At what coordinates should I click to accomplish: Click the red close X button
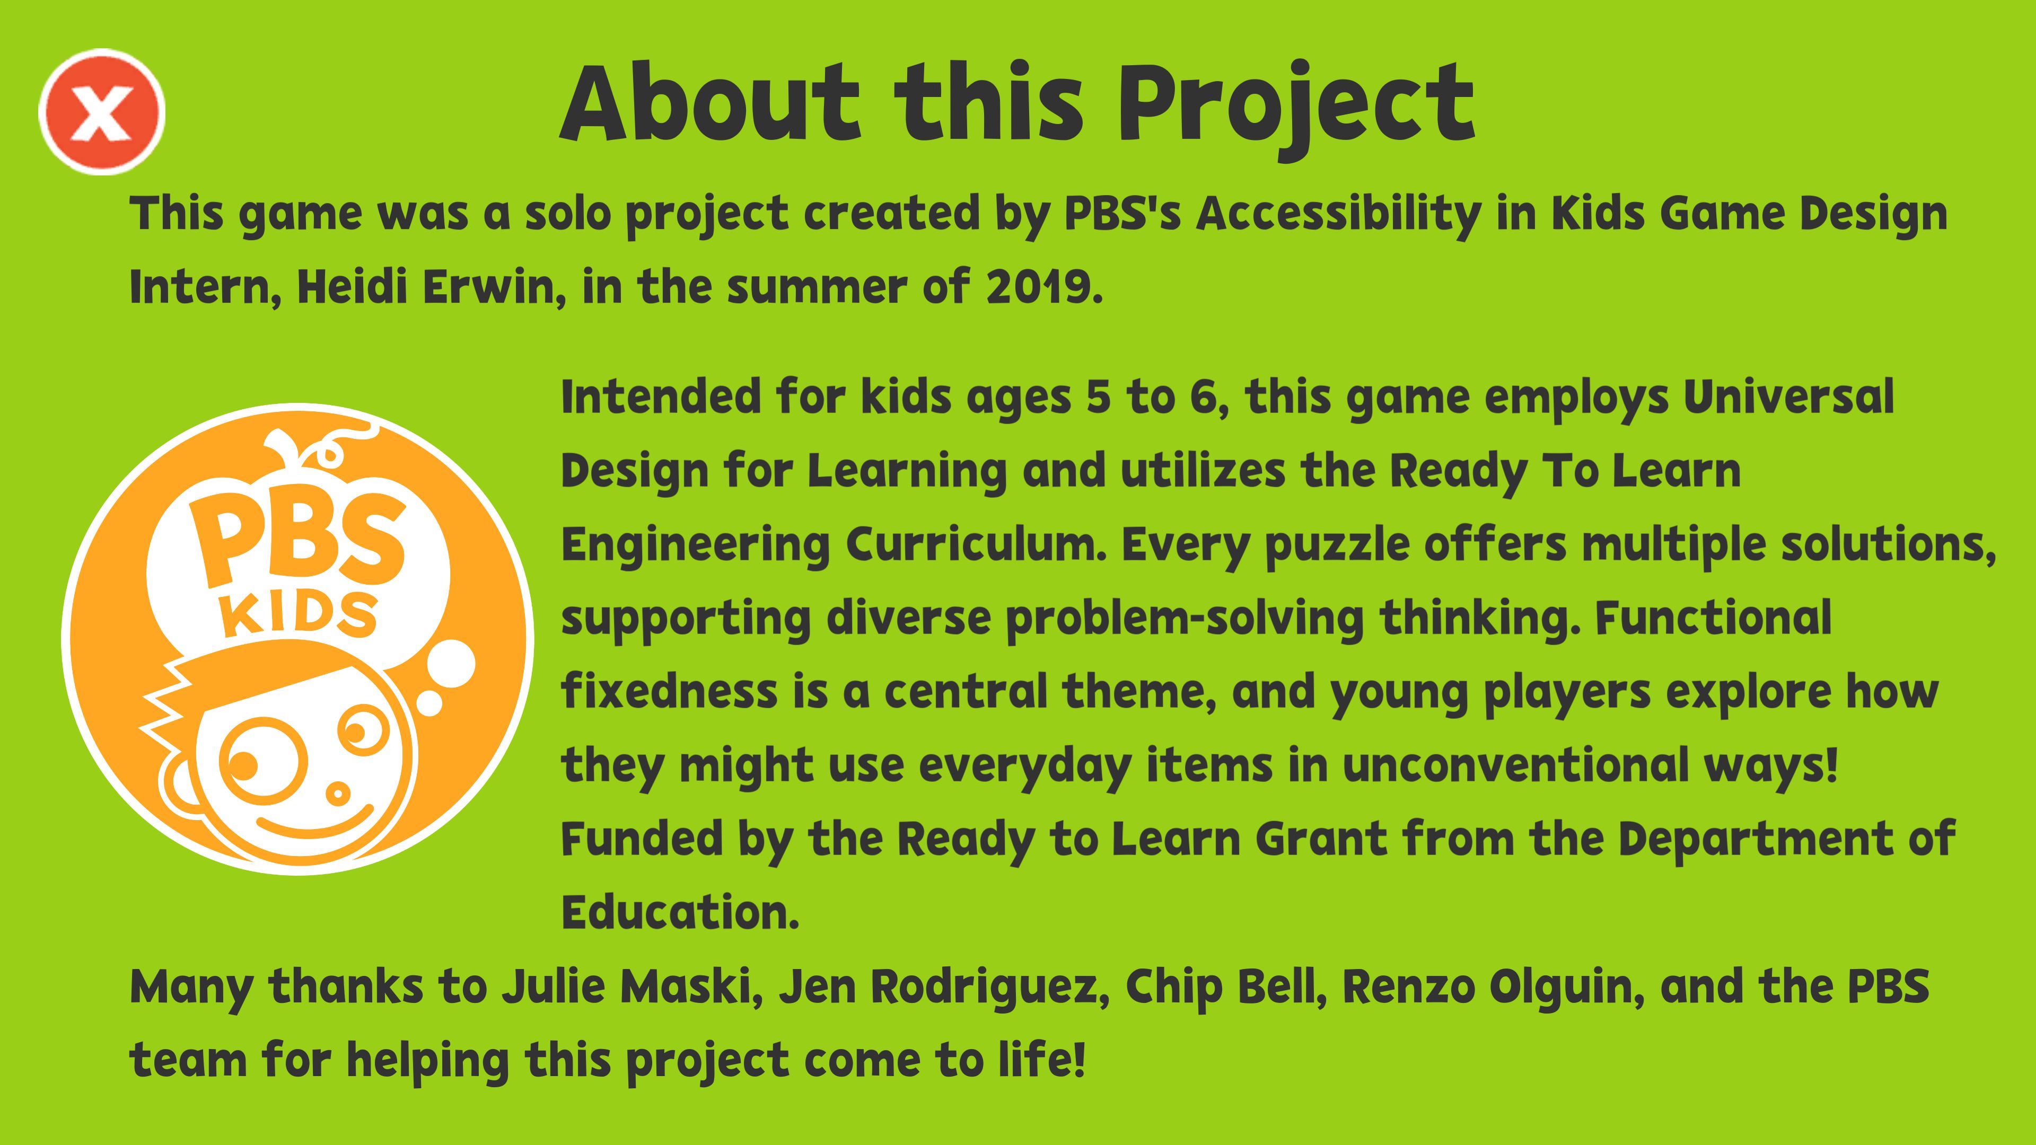tap(102, 111)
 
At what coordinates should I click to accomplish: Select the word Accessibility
tap(1337, 214)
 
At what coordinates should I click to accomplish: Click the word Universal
tap(1788, 397)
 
